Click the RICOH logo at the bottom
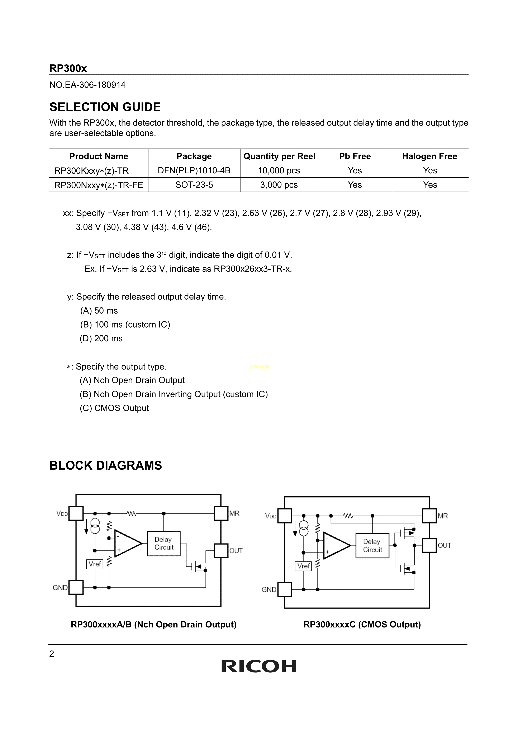pos(259,666)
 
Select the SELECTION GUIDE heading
pos(105,107)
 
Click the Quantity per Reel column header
pos(279,156)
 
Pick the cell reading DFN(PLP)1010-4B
pos(194,170)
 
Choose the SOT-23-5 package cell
pos(194,185)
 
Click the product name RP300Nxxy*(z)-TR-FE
pos(99,185)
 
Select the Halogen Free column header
pos(430,156)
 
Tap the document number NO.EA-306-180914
pos(87,85)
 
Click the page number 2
pos(52,654)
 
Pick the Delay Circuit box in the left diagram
pos(164,543)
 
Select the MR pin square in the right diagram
pos(429,516)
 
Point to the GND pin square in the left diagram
pos(76,587)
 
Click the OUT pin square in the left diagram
pos(221,551)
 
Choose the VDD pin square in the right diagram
pos(285,516)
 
